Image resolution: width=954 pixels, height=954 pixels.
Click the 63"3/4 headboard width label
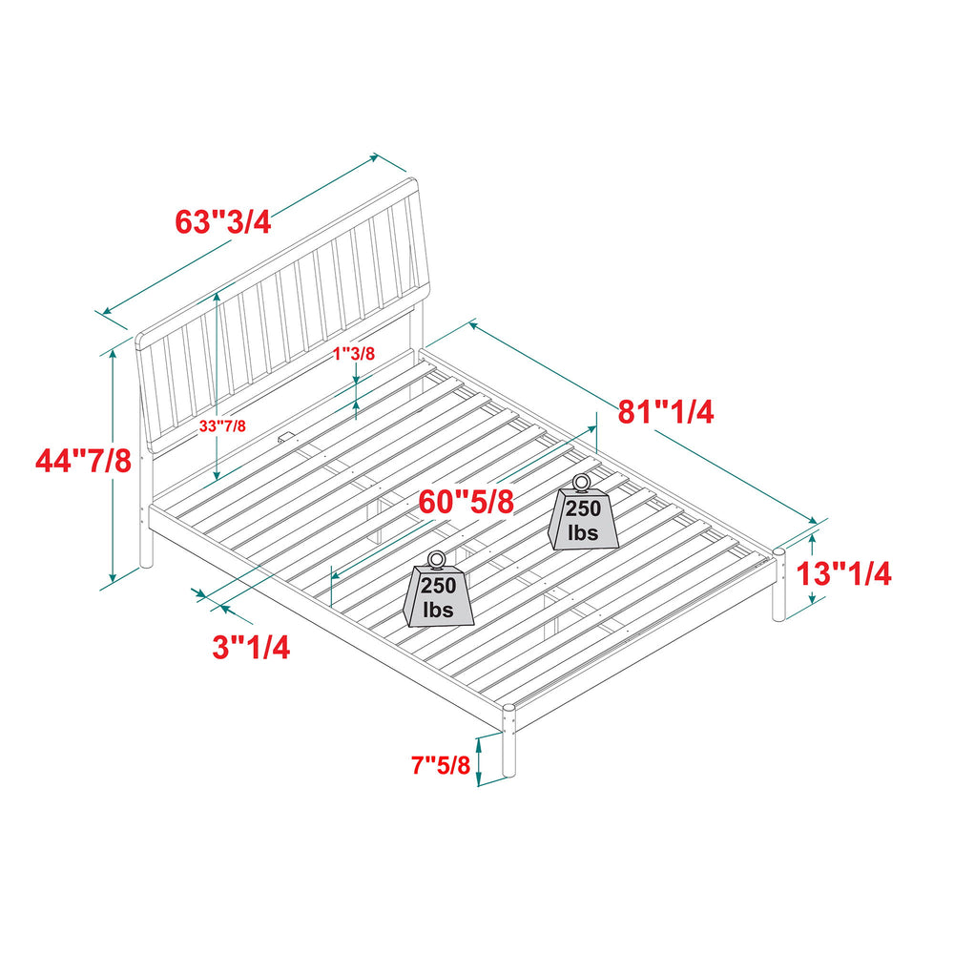tap(222, 222)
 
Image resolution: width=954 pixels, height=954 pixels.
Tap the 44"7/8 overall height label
tap(83, 461)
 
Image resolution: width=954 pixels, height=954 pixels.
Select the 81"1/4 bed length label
tap(666, 412)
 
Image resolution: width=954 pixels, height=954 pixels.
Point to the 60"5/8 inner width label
tap(467, 502)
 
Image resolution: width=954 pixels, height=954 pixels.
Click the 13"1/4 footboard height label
tap(844, 573)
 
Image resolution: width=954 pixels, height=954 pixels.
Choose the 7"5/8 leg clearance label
tap(441, 765)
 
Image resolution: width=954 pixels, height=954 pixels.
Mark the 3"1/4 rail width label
tap(251, 647)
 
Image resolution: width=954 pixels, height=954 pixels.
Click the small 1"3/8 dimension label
tap(354, 354)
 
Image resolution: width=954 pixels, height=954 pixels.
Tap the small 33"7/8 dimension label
tap(222, 425)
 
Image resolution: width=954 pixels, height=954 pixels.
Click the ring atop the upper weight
tap(581, 483)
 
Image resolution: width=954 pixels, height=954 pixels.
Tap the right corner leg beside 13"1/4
tap(778, 584)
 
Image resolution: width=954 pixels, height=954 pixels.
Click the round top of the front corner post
tap(509, 708)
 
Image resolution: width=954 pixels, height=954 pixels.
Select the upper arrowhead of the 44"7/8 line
tap(113, 354)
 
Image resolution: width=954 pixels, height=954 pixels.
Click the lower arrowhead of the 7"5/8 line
tap(479, 779)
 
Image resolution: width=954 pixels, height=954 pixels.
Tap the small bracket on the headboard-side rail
tap(284, 437)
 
